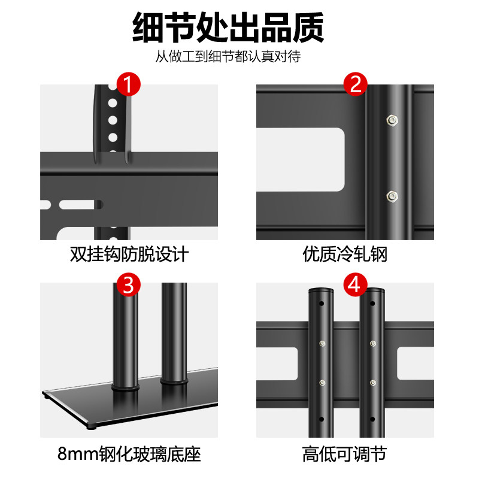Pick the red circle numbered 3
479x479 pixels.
(x=127, y=285)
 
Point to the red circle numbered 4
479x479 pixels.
(x=356, y=285)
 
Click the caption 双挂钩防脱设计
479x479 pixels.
(x=129, y=254)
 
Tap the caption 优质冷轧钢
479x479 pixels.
(x=345, y=254)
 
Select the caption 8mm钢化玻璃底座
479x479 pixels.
(x=129, y=453)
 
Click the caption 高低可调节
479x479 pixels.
(x=345, y=453)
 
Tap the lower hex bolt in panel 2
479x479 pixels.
(x=392, y=195)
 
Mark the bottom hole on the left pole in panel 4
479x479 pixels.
(x=321, y=419)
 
